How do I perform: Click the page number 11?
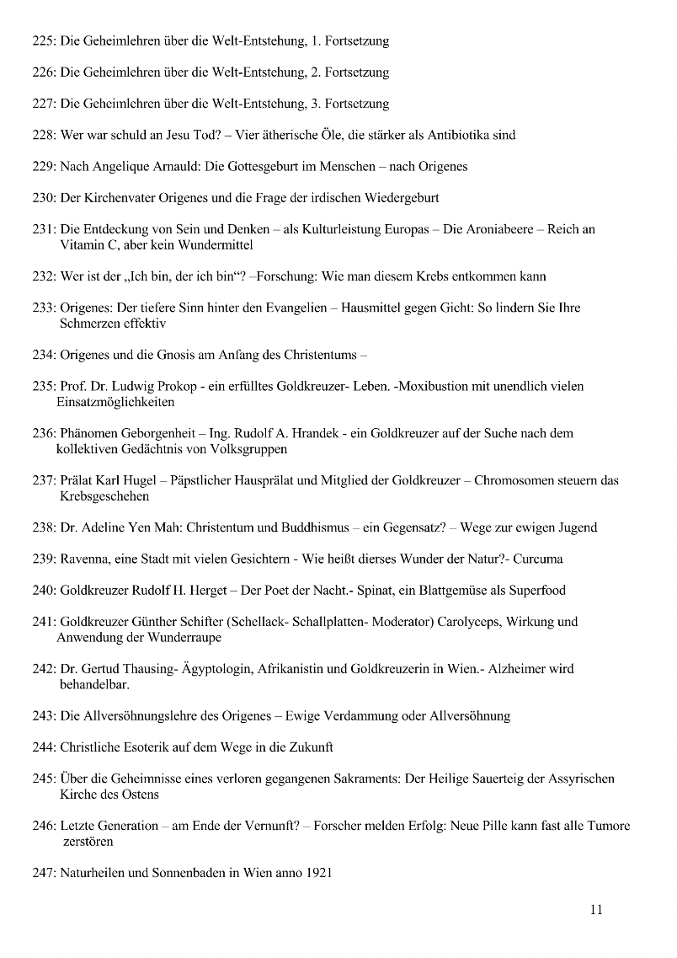point(596,909)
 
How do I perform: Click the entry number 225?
point(44,40)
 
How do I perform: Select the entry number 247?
point(44,873)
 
